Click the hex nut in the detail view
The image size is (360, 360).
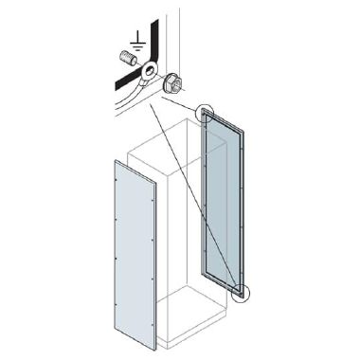172,84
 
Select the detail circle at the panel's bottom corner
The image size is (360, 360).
244,294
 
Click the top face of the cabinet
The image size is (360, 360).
165,142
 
